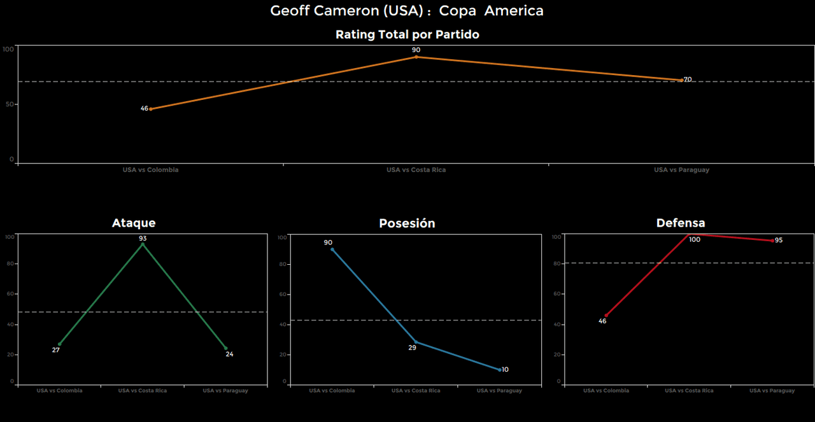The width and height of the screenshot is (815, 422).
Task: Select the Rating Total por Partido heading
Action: pos(407,34)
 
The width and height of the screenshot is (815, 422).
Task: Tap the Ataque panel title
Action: pos(134,223)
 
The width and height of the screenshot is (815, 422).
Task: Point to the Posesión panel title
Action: pos(407,223)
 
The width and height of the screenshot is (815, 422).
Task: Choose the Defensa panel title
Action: pos(681,223)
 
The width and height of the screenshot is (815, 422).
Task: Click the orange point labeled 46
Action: pos(150,109)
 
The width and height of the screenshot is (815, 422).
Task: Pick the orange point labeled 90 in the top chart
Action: pos(416,57)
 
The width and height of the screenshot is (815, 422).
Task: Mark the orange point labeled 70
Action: pos(681,80)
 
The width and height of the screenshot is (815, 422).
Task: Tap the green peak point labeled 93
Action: pos(143,244)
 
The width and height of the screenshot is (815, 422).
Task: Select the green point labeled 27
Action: pos(60,344)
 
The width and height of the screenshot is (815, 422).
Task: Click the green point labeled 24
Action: pos(225,348)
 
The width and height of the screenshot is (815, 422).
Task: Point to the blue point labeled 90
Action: pos(332,249)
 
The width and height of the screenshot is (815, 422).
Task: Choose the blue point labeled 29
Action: pos(416,342)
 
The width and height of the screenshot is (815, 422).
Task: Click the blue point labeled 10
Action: pos(500,370)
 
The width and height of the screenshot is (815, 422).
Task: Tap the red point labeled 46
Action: pos(606,316)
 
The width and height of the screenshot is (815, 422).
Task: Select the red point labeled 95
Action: pos(772,241)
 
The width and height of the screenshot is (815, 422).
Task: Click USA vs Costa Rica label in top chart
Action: pos(416,170)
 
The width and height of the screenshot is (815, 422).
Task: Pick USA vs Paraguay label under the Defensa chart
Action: pos(772,390)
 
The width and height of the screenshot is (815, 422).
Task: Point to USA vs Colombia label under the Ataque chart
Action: pos(59,390)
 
